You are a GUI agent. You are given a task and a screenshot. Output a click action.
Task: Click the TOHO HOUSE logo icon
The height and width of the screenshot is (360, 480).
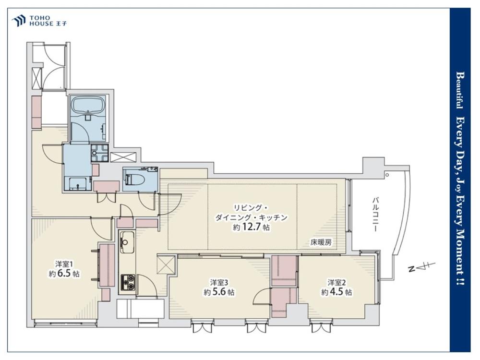[18, 21]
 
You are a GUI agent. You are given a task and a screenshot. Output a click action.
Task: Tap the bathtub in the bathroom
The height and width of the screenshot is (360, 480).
[88, 106]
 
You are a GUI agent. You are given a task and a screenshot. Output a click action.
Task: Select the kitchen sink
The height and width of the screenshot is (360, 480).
[126, 242]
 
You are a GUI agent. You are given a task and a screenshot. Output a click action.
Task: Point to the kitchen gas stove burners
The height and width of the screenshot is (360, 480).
[129, 282]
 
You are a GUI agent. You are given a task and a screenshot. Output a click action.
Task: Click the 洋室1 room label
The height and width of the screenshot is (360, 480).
[64, 264]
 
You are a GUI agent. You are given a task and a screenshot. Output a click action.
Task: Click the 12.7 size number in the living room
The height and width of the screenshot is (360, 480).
[252, 228]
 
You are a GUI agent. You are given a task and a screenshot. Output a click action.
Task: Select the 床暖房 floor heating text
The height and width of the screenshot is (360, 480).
[321, 243]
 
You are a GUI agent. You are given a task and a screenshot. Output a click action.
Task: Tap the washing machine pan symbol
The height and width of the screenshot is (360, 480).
[100, 153]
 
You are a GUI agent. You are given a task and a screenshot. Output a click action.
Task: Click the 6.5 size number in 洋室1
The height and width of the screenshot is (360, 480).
[64, 274]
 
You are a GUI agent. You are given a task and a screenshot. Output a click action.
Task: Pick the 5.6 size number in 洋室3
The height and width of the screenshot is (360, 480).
[219, 292]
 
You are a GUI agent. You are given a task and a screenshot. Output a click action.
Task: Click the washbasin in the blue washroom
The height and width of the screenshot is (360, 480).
[78, 184]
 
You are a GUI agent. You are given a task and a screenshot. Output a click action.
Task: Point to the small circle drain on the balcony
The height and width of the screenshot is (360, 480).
[387, 175]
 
